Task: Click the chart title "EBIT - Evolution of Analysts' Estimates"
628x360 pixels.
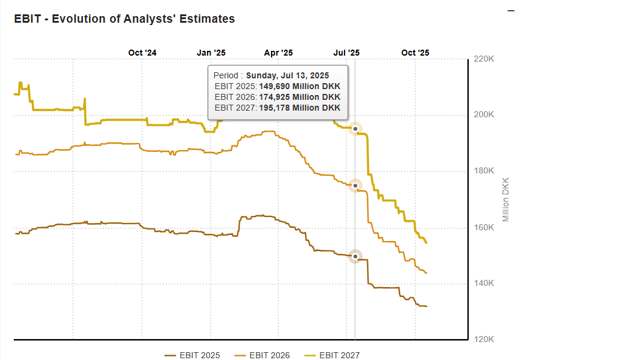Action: [124, 19]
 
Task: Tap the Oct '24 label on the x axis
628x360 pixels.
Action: [142, 53]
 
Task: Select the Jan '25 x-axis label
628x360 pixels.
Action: [211, 53]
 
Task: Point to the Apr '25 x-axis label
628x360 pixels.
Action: [279, 53]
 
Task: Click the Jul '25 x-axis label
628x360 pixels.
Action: [346, 53]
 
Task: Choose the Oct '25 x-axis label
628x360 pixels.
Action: [415, 53]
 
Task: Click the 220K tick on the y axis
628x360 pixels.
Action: [483, 59]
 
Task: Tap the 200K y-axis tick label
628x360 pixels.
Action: [483, 115]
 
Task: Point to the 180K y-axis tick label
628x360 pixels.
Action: [483, 171]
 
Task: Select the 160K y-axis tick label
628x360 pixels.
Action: [483, 228]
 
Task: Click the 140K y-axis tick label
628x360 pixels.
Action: [483, 283]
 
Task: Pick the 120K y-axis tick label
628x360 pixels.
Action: [483, 340]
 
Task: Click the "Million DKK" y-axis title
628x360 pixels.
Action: [506, 199]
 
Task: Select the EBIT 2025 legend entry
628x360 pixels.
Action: [193, 355]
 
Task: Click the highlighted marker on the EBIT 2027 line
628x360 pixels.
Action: [355, 129]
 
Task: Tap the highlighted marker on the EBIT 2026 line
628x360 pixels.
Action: [355, 185]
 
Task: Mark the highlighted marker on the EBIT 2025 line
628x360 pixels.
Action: [355, 257]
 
